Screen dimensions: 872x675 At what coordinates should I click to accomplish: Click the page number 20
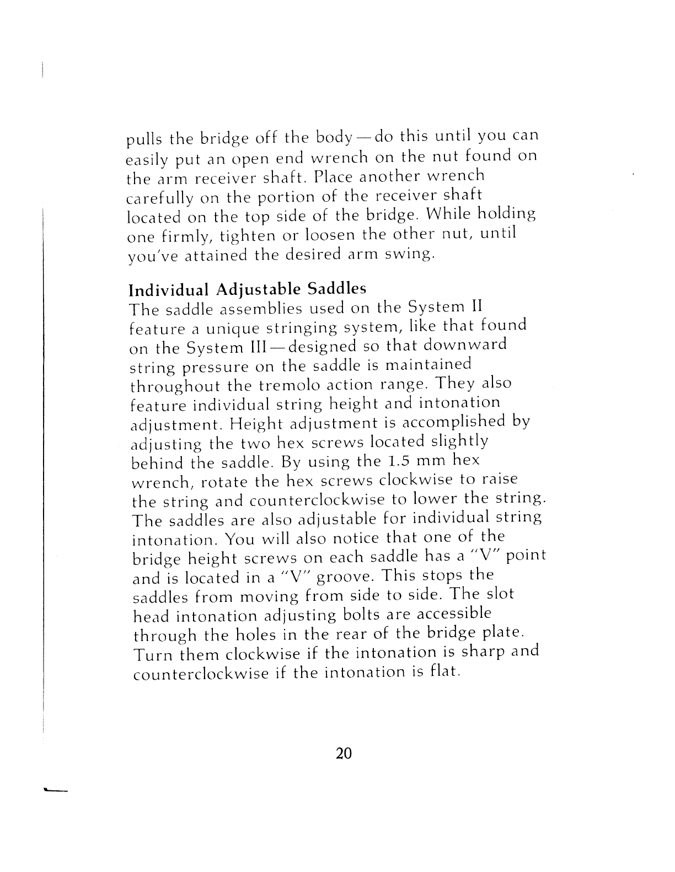pos(343,753)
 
